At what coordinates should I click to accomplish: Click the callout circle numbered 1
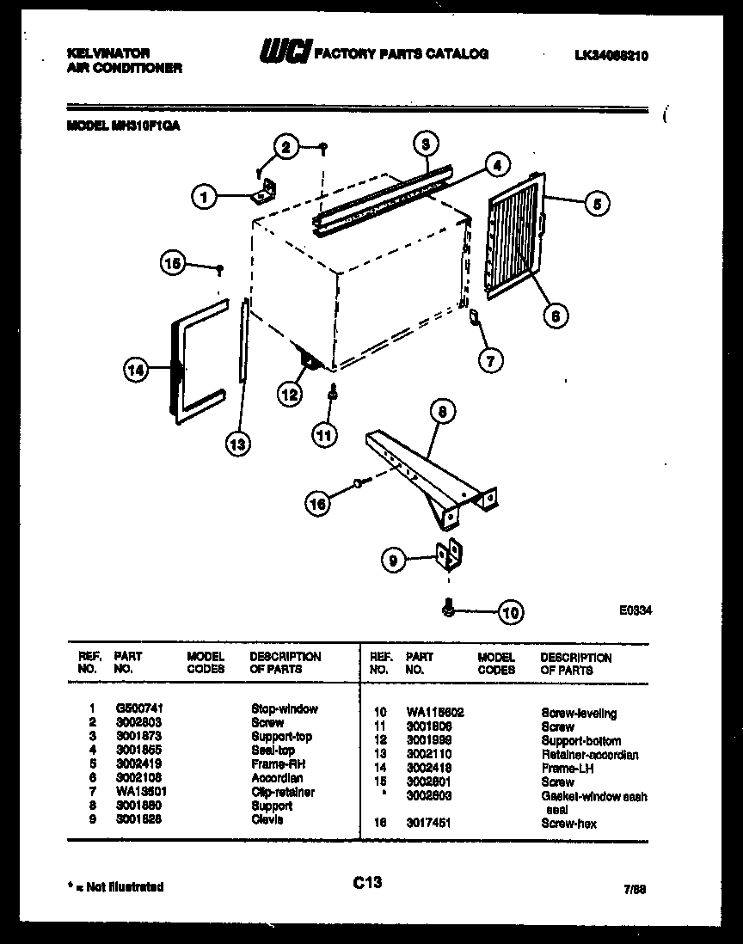pos(204,198)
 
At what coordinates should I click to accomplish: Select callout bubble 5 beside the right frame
pos(596,204)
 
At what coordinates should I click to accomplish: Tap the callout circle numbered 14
pos(135,371)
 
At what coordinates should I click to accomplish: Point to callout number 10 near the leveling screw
pos(510,613)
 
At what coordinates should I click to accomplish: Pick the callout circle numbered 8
pos(440,413)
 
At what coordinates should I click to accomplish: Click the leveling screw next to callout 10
pos(448,610)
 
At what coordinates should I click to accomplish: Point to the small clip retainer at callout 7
pos(472,320)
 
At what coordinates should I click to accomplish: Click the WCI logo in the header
pos(284,53)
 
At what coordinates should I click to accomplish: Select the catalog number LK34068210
pos(611,56)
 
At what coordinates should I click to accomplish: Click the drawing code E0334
pos(635,610)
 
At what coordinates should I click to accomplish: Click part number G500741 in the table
pos(138,709)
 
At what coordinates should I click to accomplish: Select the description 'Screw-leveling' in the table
pos(580,714)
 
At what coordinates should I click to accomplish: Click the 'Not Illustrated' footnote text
pos(114,886)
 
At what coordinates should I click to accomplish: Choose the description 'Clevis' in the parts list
pos(267,819)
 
